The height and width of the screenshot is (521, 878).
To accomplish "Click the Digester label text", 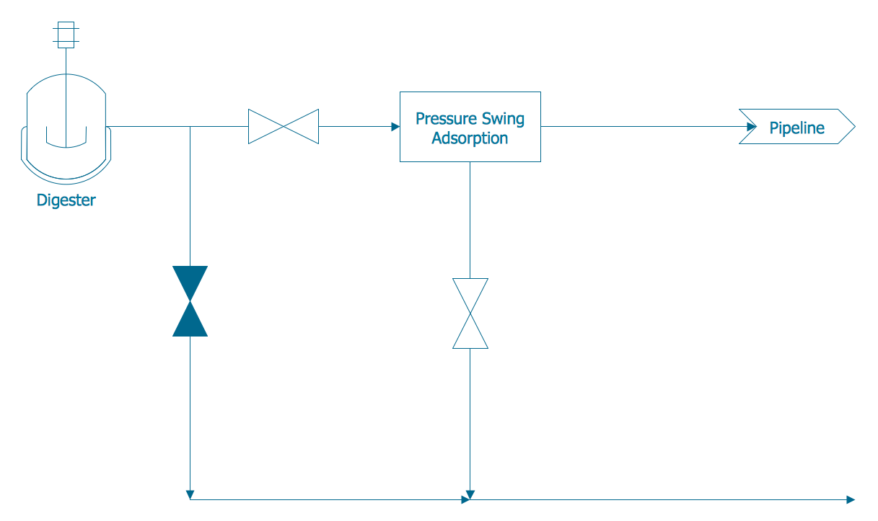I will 66,200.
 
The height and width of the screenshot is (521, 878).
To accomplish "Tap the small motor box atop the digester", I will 66,35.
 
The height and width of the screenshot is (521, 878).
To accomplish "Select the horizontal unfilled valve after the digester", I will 284,127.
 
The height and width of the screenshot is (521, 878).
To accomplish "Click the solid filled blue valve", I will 190,301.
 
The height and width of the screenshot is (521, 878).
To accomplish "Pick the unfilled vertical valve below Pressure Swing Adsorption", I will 470,313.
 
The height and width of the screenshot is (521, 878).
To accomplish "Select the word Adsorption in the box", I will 470,138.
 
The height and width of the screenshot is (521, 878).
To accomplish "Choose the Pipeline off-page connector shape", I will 796,127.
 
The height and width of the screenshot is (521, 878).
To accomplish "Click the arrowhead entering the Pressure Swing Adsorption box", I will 395,127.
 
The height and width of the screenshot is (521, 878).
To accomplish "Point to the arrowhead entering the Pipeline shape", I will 752,127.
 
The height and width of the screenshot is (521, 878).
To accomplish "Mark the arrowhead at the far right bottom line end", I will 851,499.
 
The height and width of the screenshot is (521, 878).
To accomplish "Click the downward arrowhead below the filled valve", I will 190,494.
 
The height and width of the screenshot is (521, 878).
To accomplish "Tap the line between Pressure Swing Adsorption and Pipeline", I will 642,127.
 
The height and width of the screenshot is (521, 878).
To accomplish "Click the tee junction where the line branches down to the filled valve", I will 190,127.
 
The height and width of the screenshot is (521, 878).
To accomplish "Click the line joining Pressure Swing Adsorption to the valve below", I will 470,220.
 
